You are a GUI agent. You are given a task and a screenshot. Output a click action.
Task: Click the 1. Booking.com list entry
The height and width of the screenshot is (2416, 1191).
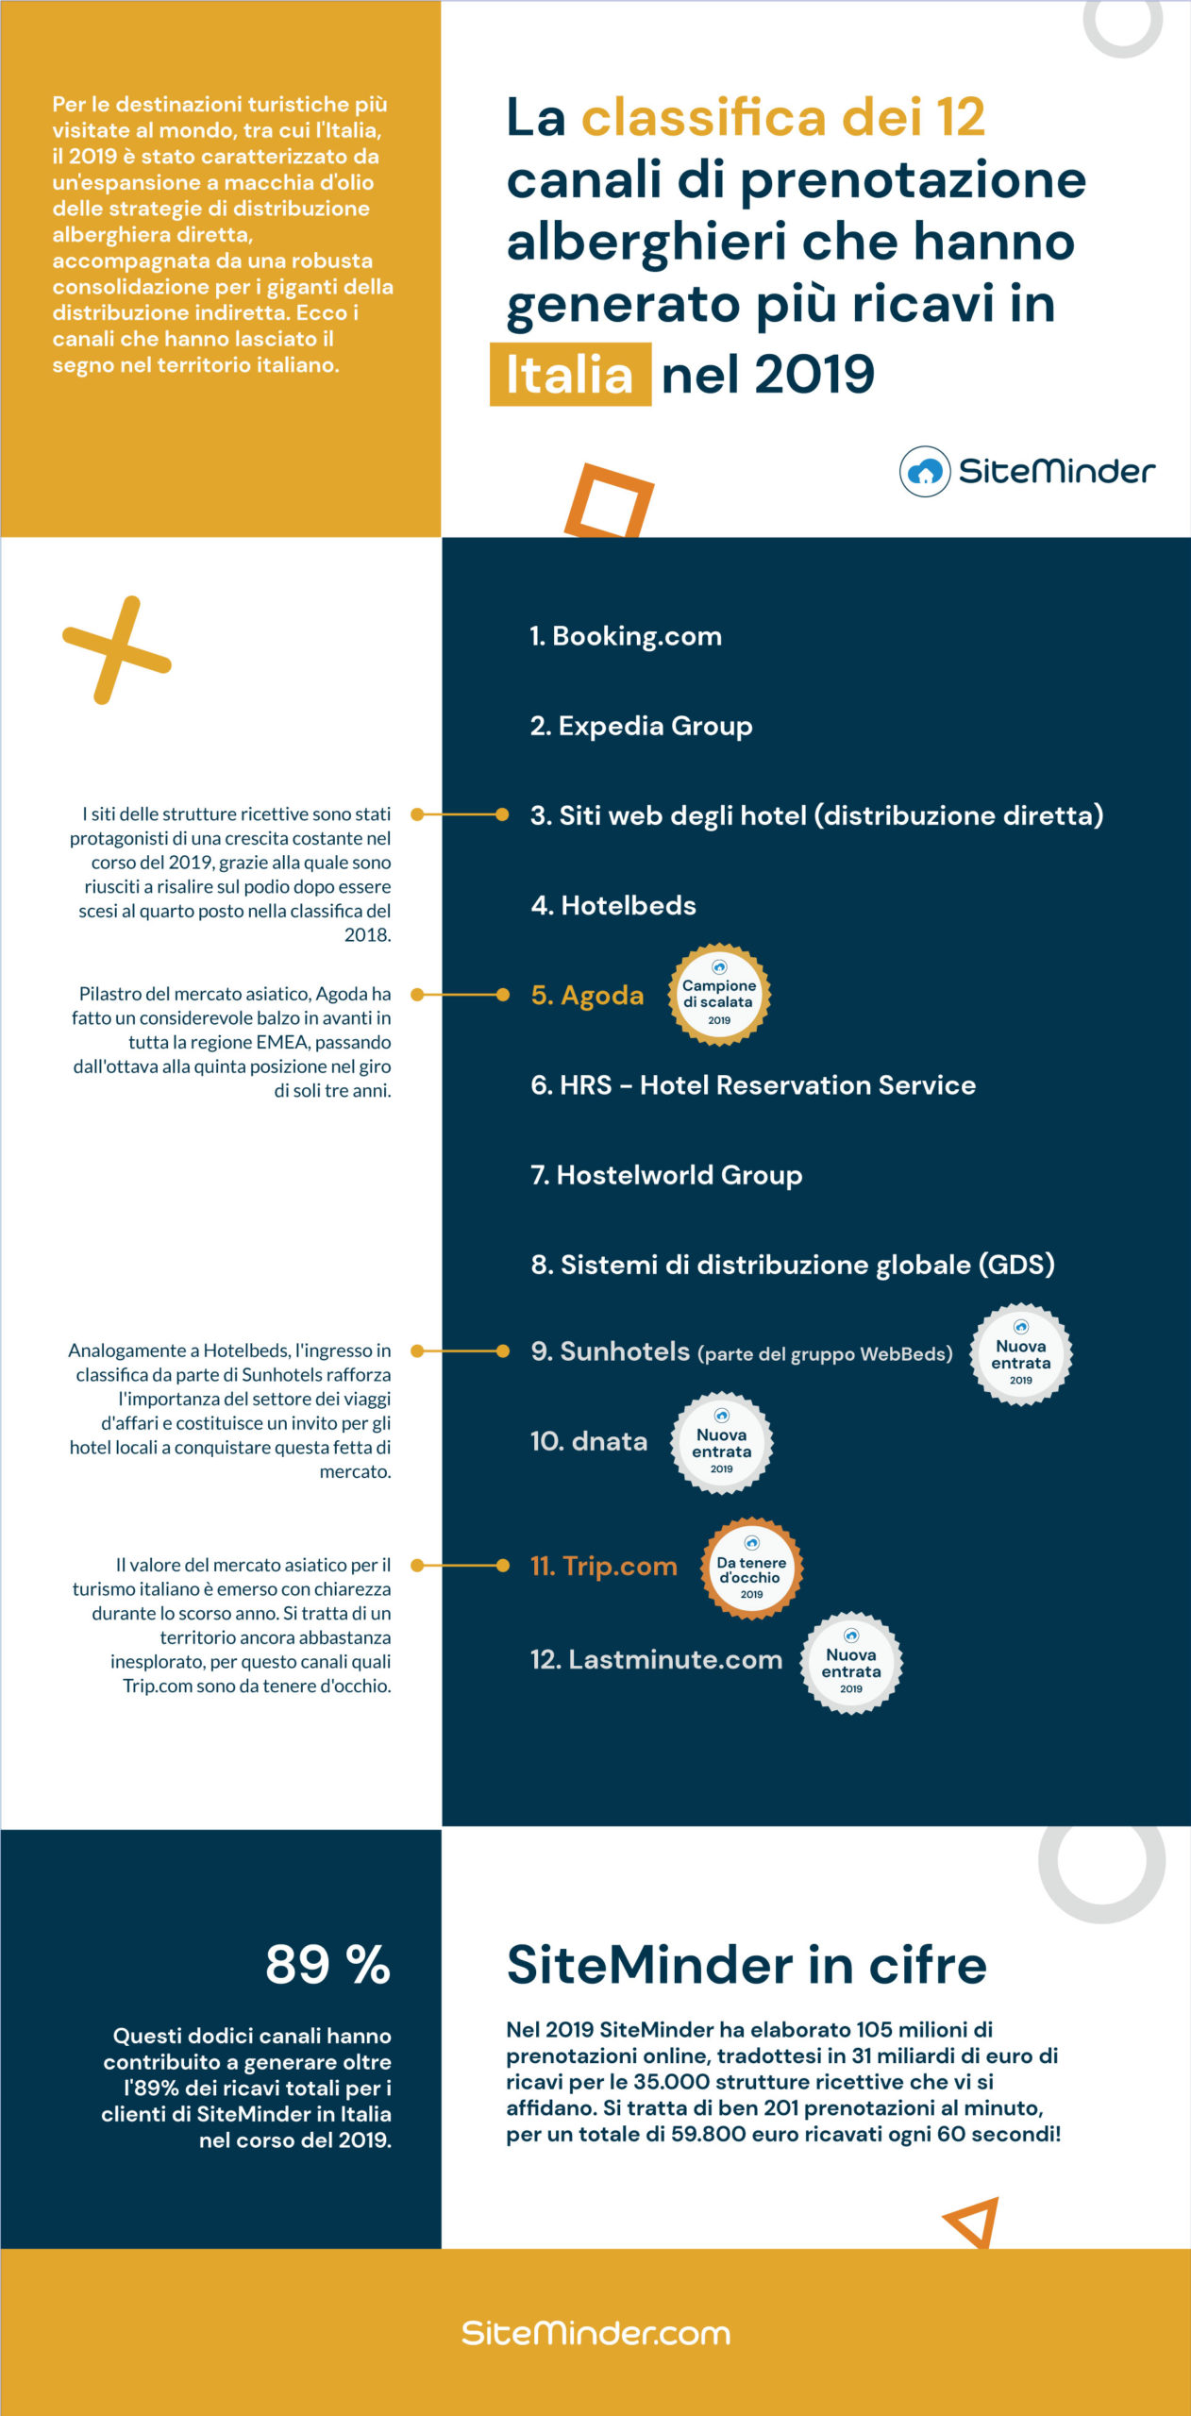[626, 636]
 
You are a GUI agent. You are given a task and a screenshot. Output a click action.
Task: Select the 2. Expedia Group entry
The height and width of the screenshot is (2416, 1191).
[641, 726]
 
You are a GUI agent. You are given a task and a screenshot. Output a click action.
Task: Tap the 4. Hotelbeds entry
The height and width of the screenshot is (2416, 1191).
[613, 905]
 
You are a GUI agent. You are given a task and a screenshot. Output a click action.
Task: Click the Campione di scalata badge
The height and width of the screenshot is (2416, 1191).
[719, 995]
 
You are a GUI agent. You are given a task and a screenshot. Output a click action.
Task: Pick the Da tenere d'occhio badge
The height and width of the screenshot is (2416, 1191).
[751, 1569]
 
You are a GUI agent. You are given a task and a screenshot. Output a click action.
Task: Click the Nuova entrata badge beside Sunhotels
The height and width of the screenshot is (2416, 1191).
[1021, 1354]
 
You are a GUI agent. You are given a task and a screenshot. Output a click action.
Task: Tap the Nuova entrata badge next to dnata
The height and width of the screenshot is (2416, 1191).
[722, 1443]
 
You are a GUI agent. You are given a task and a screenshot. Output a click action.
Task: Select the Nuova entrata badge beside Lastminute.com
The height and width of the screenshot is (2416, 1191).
[851, 1663]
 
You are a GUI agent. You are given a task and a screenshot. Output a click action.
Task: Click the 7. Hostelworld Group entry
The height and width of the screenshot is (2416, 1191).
[666, 1175]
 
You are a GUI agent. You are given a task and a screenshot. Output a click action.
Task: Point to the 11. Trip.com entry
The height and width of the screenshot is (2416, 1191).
[604, 1567]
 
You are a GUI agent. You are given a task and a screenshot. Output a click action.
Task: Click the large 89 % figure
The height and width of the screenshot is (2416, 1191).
[327, 1965]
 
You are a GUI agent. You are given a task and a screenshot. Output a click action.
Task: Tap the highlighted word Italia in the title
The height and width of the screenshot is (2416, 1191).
[570, 375]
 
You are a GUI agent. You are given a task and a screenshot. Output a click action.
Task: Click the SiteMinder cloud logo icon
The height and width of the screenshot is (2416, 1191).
[925, 471]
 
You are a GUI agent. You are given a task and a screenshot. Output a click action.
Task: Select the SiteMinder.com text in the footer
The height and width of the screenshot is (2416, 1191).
[595, 2333]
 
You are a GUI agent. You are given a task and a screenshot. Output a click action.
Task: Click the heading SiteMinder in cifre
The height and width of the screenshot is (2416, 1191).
[746, 1966]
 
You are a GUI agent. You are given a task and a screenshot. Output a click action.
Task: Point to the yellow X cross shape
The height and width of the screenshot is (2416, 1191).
[116, 650]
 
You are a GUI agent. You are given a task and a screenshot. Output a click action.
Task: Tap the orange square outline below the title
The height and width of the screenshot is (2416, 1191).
[609, 501]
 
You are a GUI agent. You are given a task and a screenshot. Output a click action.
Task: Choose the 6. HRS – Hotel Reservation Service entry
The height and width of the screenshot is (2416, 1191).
[753, 1085]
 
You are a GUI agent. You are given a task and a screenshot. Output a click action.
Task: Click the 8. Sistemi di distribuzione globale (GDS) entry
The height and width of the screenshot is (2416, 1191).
[793, 1265]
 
